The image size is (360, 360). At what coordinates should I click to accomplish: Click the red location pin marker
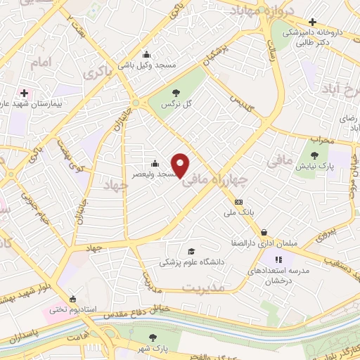click(181, 165)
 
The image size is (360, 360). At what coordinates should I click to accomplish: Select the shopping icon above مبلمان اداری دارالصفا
click(264, 232)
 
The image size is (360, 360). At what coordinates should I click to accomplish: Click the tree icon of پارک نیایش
click(314, 155)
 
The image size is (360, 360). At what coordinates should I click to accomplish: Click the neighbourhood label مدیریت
click(203, 288)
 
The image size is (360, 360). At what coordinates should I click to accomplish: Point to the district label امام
click(41, 63)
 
